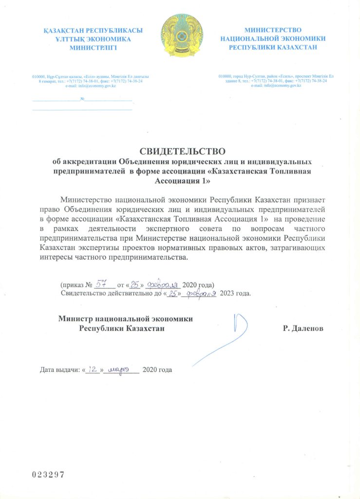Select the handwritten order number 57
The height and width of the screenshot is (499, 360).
click(x=102, y=283)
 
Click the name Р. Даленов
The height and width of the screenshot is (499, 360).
click(x=303, y=328)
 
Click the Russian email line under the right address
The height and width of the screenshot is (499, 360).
click(x=276, y=85)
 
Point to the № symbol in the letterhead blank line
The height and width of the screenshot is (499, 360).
click(x=83, y=99)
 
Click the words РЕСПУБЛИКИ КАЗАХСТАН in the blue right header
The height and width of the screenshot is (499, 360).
click(x=273, y=47)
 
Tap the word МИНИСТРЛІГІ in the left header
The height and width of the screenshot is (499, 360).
click(x=93, y=48)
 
